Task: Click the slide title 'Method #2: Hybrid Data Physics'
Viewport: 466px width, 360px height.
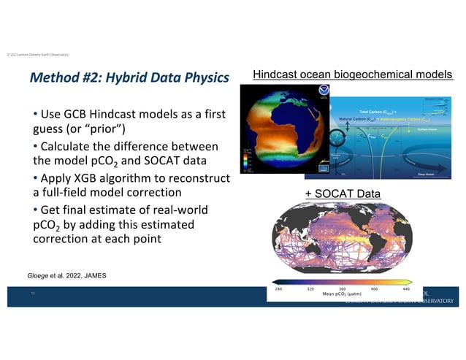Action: tap(129, 77)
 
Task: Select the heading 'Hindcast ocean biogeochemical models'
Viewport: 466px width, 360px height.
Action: tap(352, 74)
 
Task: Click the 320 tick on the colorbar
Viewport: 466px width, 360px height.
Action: tap(311, 289)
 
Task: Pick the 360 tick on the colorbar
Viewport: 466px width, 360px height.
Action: tap(343, 289)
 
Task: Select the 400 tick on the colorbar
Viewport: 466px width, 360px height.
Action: tap(375, 289)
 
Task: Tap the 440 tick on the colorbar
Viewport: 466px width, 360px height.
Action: tap(408, 289)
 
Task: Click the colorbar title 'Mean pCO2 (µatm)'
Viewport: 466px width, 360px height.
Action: tap(343, 295)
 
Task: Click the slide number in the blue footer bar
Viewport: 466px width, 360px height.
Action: tap(33, 296)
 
